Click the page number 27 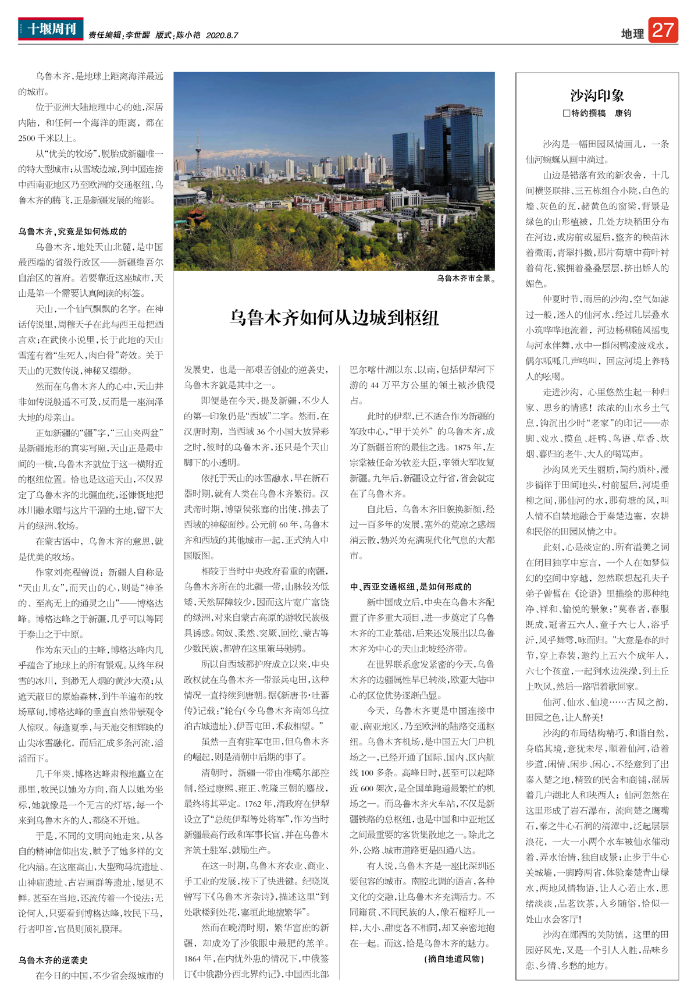pos(663,30)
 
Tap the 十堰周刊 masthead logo pos(51,29)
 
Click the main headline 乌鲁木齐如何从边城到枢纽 pos(334,318)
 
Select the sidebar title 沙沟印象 pos(597,95)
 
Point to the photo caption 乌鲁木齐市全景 pos(466,279)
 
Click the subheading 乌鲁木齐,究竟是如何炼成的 pos(72,232)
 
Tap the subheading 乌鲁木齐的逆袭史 pos(52,960)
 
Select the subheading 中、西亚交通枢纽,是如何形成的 pos(411,587)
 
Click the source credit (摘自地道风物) pos(454,959)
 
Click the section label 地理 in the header pos(632,34)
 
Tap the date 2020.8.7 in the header pos(222,35)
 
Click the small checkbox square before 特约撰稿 pos(566,113)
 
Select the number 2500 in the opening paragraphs pos(27,139)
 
